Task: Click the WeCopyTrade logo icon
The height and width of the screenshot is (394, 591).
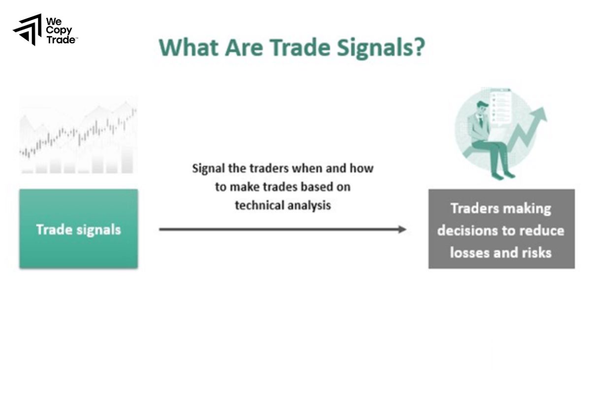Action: pos(28,30)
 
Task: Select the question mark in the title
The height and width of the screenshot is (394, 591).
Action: pos(418,48)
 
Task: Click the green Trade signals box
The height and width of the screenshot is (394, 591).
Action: pos(79,229)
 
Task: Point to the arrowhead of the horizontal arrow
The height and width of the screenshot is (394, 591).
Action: pos(402,229)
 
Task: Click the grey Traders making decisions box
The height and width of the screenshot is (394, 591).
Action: pos(501,229)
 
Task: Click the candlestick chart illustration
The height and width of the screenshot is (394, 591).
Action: pos(78,135)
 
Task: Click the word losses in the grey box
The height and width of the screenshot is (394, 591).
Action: pos(467,253)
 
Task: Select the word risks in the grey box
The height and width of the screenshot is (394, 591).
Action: pos(535,253)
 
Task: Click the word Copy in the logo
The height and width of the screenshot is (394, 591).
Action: pos(59,31)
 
